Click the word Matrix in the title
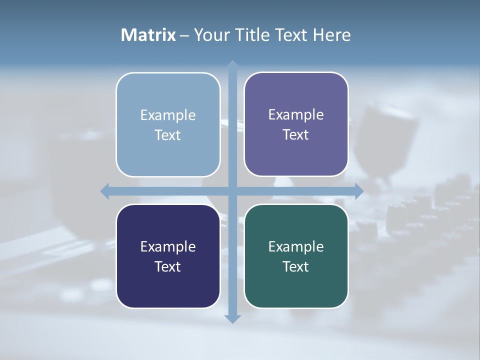pyautogui.click(x=148, y=35)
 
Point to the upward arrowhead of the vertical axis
pyautogui.click(x=232, y=65)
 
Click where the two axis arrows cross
pyautogui.click(x=232, y=191)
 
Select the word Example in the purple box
pyautogui.click(x=296, y=115)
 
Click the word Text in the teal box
pyautogui.click(x=296, y=267)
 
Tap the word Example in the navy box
pyautogui.click(x=168, y=247)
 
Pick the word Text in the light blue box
pyautogui.click(x=168, y=135)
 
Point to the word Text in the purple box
pyautogui.click(x=296, y=135)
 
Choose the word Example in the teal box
pyautogui.click(x=296, y=247)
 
